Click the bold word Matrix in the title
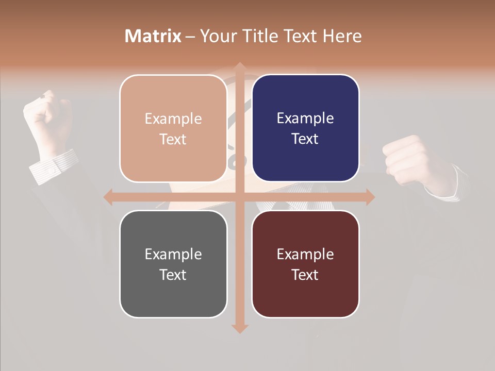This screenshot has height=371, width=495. (153, 36)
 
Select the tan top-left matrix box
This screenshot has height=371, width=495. (173, 128)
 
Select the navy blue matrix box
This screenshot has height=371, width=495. (305, 128)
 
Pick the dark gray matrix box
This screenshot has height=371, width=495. (173, 264)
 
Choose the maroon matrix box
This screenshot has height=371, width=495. (305, 264)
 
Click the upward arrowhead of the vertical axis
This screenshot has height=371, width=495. (239, 66)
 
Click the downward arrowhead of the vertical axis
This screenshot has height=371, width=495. (239, 328)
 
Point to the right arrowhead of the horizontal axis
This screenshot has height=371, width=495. (370, 197)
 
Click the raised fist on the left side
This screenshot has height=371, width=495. (47, 116)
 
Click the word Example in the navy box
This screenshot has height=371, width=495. (305, 118)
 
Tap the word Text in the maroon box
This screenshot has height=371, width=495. (305, 275)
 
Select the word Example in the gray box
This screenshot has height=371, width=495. (173, 254)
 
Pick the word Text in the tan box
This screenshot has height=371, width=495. (173, 139)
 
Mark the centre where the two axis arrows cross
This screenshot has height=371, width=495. (239, 197)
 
